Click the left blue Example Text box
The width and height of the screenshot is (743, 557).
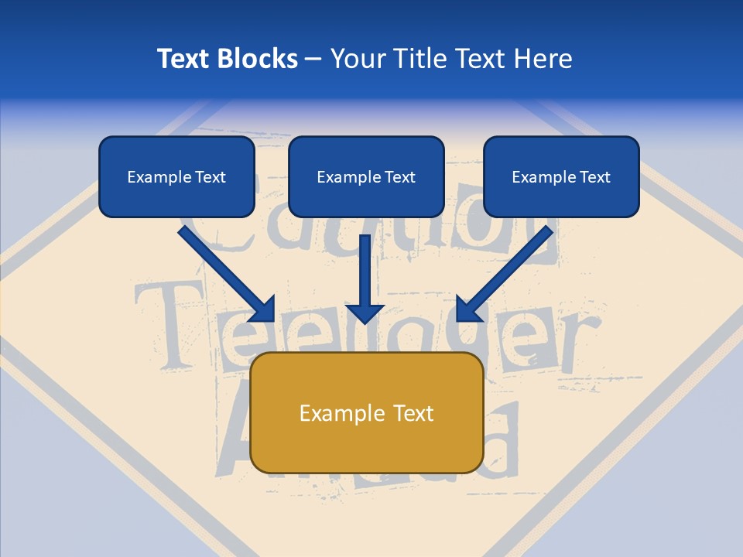tap(176, 177)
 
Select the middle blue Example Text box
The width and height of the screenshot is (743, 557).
tap(366, 177)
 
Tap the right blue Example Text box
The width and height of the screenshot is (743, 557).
tap(561, 177)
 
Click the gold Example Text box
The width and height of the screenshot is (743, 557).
tap(366, 412)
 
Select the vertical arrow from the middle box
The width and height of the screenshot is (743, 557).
tap(365, 271)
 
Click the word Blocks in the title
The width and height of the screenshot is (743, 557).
tap(257, 59)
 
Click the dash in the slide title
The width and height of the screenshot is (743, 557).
tap(313, 59)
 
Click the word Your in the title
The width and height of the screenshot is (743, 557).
tap(357, 59)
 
